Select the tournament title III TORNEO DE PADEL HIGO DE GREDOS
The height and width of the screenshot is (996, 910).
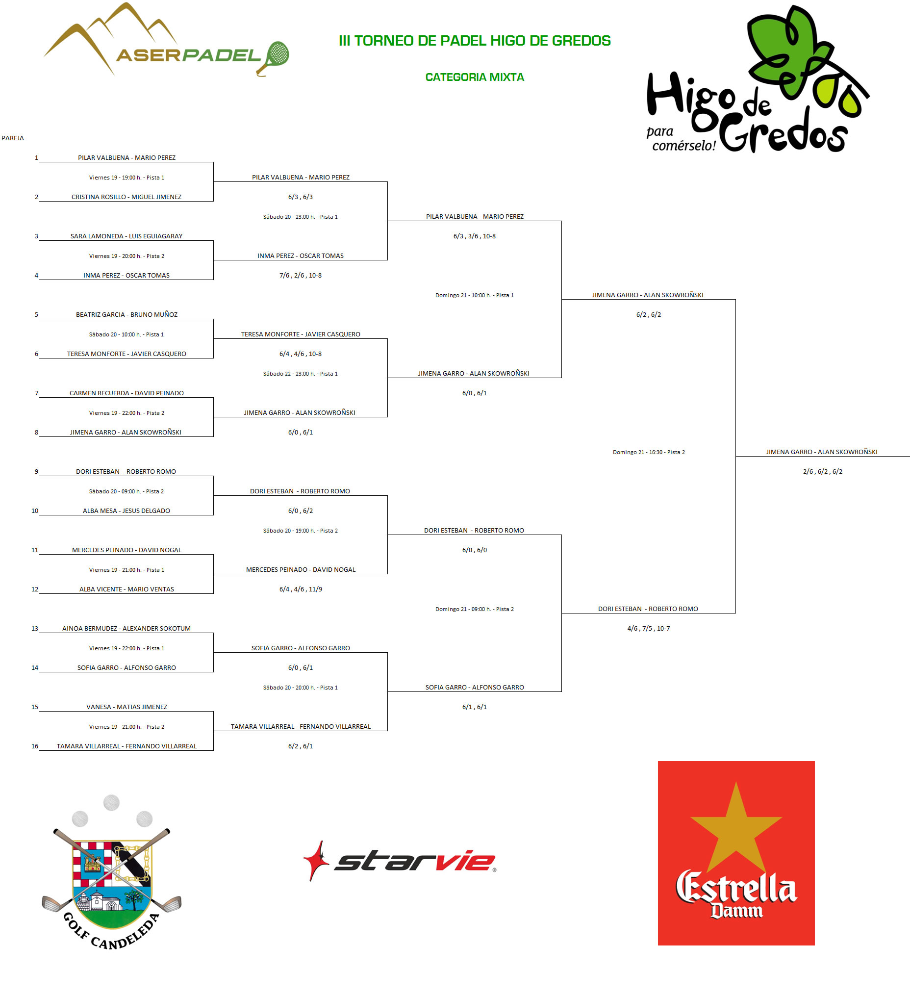[474, 41]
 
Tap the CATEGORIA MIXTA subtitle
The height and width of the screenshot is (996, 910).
[474, 77]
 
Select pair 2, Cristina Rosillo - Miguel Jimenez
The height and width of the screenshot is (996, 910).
[126, 197]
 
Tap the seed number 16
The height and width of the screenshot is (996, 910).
[35, 746]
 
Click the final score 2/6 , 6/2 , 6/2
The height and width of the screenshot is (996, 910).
[823, 471]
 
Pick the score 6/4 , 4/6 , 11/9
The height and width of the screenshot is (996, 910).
[301, 589]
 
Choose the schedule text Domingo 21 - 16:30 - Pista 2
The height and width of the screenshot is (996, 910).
[649, 452]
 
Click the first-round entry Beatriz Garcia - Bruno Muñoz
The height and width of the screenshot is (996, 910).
[126, 314]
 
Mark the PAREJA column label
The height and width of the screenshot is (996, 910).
[12, 138]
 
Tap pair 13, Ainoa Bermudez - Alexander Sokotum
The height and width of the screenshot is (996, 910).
[126, 628]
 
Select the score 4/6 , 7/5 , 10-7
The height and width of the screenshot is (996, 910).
[649, 628]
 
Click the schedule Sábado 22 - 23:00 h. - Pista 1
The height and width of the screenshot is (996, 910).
[301, 374]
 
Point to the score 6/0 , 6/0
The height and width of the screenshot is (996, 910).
[474, 550]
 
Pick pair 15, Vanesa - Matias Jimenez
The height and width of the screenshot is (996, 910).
[126, 707]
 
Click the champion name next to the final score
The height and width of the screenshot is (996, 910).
[822, 452]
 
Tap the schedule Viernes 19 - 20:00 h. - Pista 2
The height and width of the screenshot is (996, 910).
[126, 256]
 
